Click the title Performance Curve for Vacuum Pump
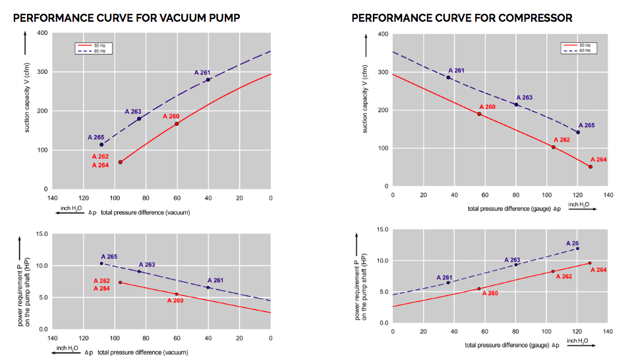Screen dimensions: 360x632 pos(126,18)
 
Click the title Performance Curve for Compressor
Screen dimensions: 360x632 pos(461,18)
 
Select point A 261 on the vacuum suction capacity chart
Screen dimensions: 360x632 pos(208,80)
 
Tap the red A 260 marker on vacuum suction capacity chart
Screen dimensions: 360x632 pos(177,124)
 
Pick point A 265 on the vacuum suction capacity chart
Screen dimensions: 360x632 pos(101,144)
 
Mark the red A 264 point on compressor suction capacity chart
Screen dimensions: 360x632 pos(590,167)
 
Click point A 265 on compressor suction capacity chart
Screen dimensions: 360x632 pos(578,133)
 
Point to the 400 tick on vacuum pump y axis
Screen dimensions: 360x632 pos(43,33)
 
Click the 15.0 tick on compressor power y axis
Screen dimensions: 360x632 pos(380,229)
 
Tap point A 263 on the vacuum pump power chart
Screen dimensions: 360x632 pos(139,271)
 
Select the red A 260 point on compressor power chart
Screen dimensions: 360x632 pos(479,288)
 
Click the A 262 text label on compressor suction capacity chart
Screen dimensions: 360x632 pos(561,140)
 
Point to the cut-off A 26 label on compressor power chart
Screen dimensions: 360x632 pos(572,243)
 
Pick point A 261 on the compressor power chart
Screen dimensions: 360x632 pos(448,282)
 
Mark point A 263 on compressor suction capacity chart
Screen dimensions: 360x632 pos(516,104)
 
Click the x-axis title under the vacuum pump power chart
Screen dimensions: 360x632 pos(143,353)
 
